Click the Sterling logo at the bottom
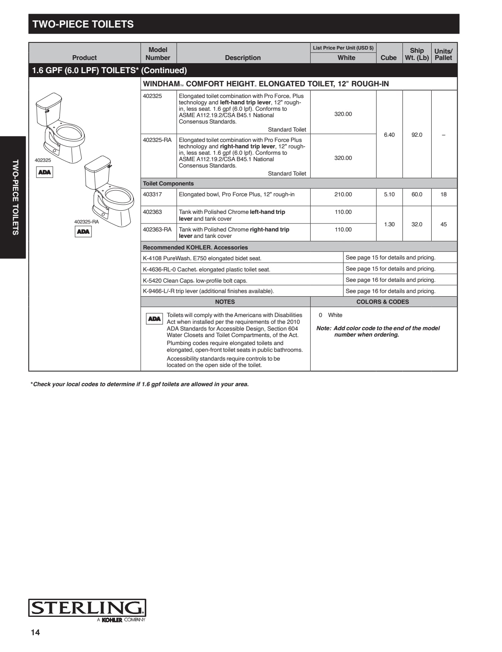coord(87,608)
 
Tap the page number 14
coord(36,632)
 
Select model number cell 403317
coord(152,195)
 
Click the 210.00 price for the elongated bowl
coord(343,195)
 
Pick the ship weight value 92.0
coord(417,135)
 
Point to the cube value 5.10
coord(389,195)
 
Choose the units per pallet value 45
coord(443,224)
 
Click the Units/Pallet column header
coord(443,54)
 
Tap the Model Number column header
coord(158,54)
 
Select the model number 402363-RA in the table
coord(157,229)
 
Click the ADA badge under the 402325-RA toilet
coord(83,232)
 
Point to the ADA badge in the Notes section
coord(154,319)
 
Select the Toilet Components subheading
coord(168,183)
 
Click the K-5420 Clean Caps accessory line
coord(195,281)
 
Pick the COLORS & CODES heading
coord(382,302)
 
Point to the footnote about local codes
coord(139,384)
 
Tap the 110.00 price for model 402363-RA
coord(343,229)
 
